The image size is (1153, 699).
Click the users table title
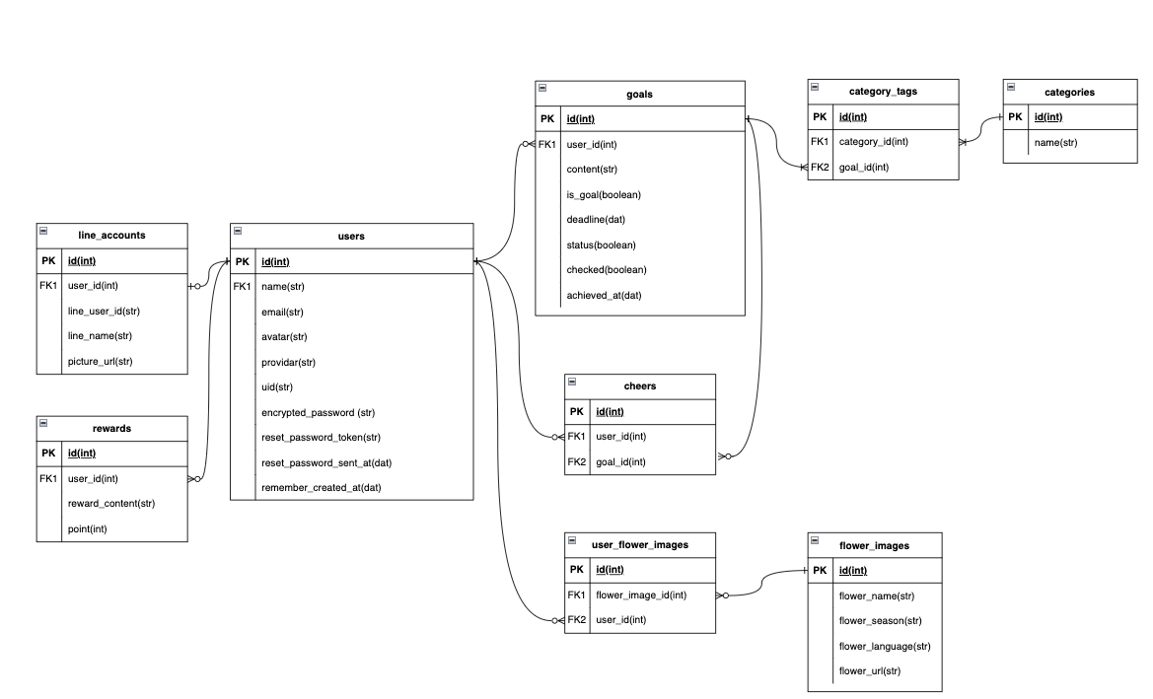coord(351,236)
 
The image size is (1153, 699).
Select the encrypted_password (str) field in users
coord(318,412)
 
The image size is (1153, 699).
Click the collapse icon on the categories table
coord(1011,88)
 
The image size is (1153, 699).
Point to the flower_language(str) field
coord(884,647)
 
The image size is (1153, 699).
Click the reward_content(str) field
coord(110,504)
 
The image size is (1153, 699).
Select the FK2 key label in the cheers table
coord(577,461)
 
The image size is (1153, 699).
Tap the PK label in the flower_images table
coord(820,570)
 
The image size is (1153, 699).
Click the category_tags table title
coord(883,92)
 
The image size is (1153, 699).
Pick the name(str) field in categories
coord(1055,143)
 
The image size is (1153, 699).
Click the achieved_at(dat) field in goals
coord(604,295)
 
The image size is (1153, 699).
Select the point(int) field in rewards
coord(87,529)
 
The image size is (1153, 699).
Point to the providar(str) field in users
coord(288,362)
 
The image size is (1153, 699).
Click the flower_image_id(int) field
coord(640,594)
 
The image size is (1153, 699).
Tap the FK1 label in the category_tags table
coord(820,142)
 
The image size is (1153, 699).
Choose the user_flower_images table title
coord(639,543)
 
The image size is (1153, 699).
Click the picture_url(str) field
coord(100,361)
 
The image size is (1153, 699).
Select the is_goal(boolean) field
coord(603,194)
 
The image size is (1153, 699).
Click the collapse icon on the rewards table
coord(43,423)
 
